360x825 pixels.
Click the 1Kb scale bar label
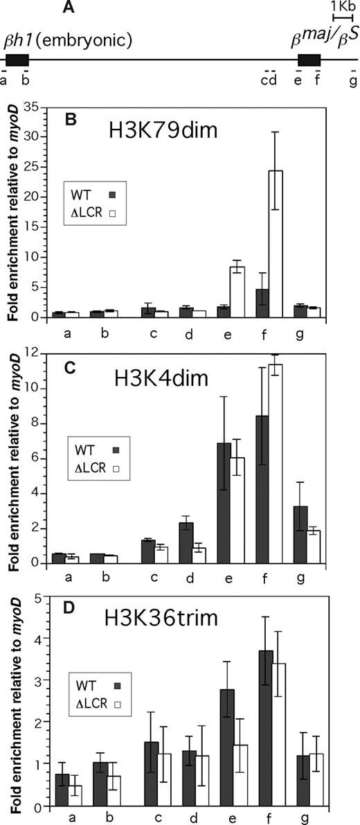click(x=343, y=6)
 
